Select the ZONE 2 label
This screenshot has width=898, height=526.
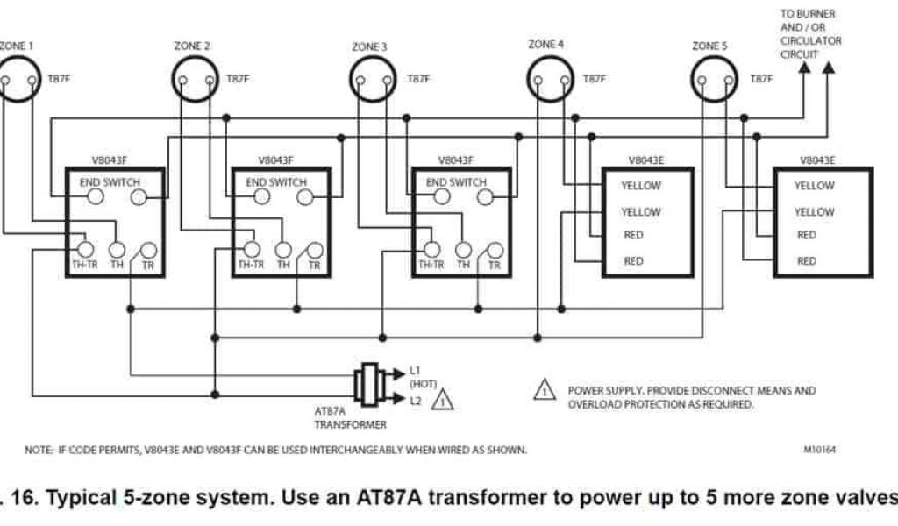click(192, 46)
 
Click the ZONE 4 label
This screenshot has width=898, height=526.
click(546, 44)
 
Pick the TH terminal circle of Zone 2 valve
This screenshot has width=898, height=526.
click(283, 249)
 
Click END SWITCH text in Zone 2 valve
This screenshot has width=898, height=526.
click(276, 182)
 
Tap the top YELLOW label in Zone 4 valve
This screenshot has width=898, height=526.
click(641, 186)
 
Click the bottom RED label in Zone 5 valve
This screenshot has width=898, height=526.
click(807, 261)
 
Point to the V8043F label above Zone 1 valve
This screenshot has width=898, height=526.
click(110, 160)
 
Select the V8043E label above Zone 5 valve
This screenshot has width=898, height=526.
click(817, 160)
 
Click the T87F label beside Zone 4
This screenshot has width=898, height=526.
click(594, 79)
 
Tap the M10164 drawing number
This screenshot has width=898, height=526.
click(819, 450)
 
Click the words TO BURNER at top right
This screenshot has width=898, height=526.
click(808, 15)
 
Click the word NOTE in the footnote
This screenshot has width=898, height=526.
click(38, 450)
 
